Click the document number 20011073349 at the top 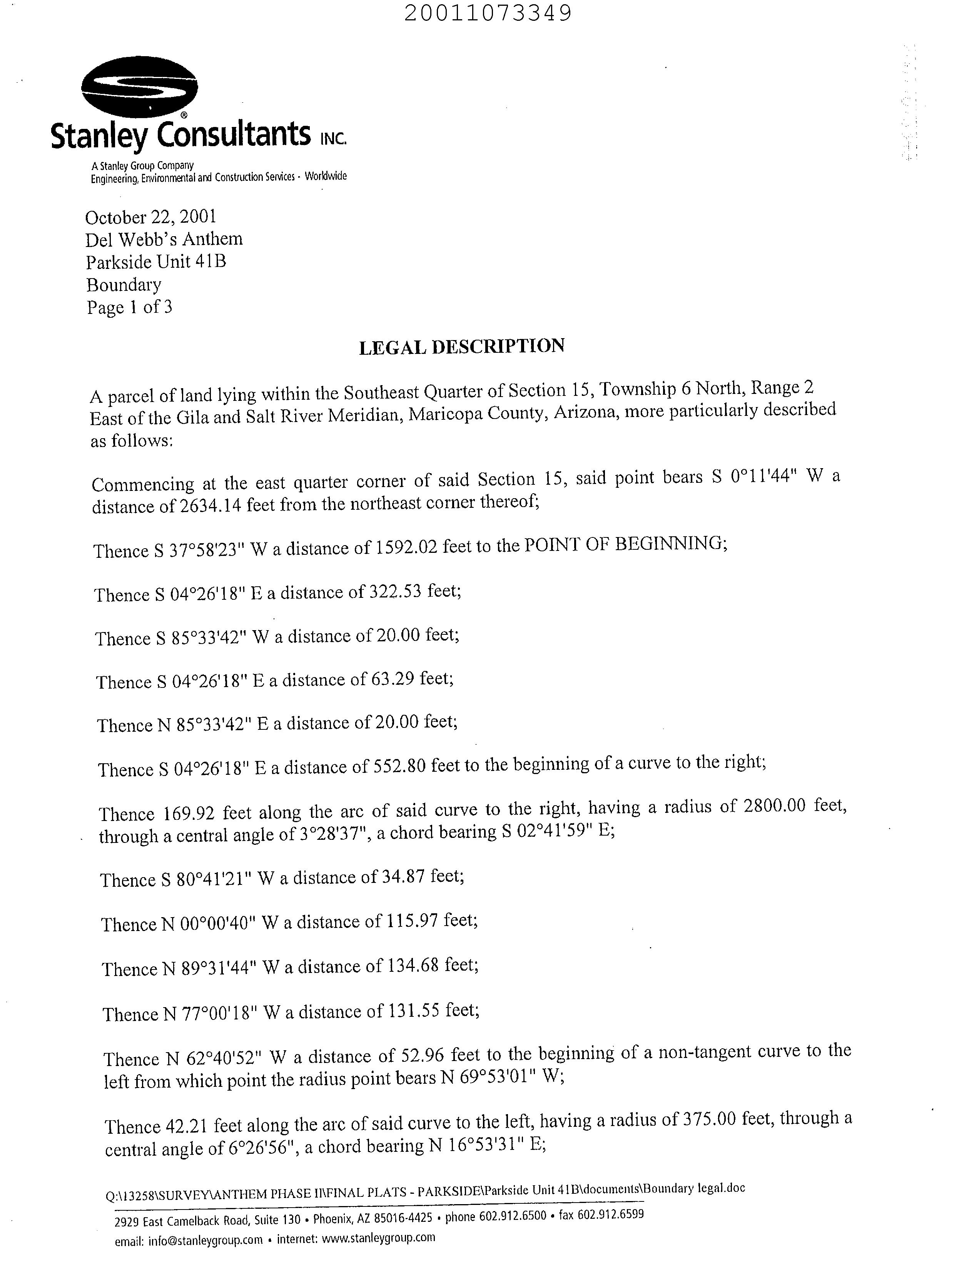coord(488,13)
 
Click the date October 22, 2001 coord(151,217)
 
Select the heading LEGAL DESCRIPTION coord(462,347)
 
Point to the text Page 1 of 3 coord(129,307)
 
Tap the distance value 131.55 coord(413,1011)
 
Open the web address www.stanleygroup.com coord(378,1237)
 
